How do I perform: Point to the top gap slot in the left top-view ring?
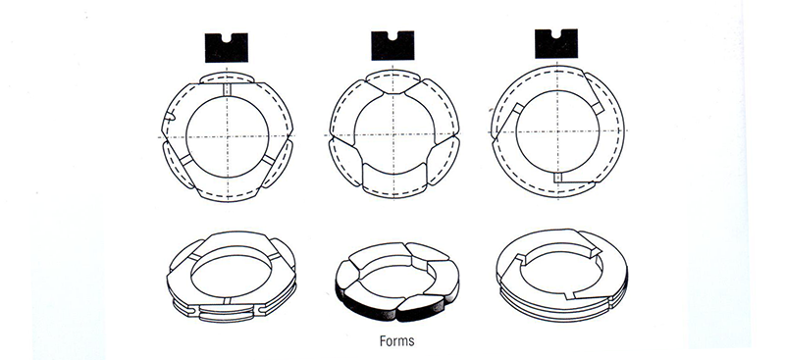[x=225, y=90]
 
